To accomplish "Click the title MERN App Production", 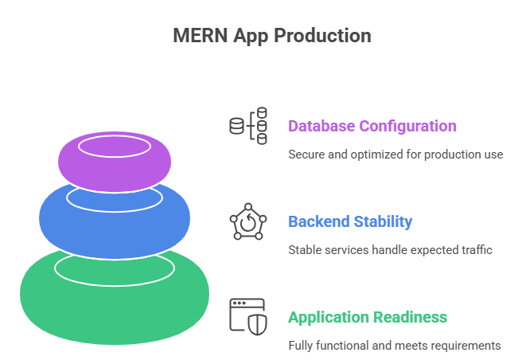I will point(271,36).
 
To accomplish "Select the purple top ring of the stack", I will point(115,171).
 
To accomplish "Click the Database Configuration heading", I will point(372,126).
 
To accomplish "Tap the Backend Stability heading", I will point(350,221).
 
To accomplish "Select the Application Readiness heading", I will point(367,317).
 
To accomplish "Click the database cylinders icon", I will point(248,126).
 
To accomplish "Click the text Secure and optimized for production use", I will point(395,155).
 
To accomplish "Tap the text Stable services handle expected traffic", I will point(390,250).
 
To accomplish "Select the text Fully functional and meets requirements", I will point(394,346).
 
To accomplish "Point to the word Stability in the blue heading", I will point(383,221).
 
